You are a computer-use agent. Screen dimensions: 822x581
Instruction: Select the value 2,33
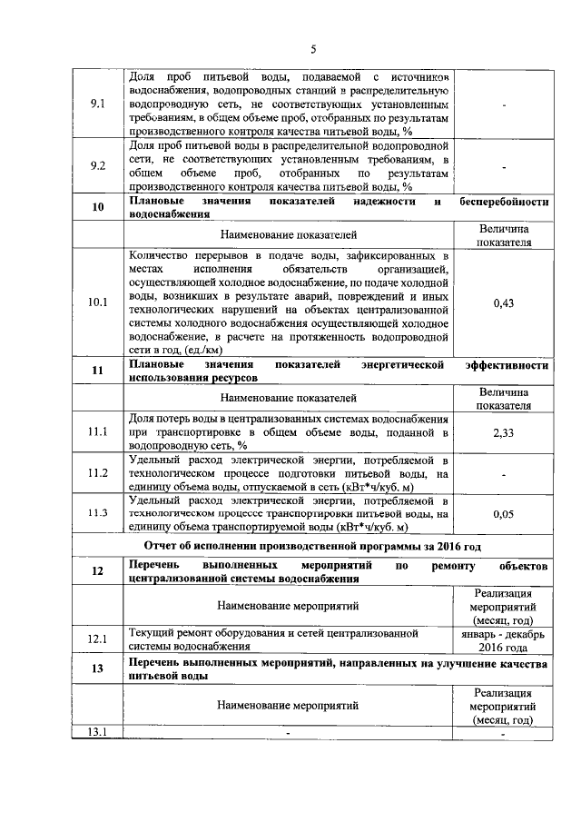pyautogui.click(x=504, y=433)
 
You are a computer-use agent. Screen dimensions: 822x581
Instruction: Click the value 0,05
pyautogui.click(x=504, y=514)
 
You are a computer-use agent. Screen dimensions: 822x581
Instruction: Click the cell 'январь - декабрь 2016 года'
pyautogui.click(x=504, y=639)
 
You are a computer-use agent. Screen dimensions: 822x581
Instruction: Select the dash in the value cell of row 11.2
pyautogui.click(x=504, y=474)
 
